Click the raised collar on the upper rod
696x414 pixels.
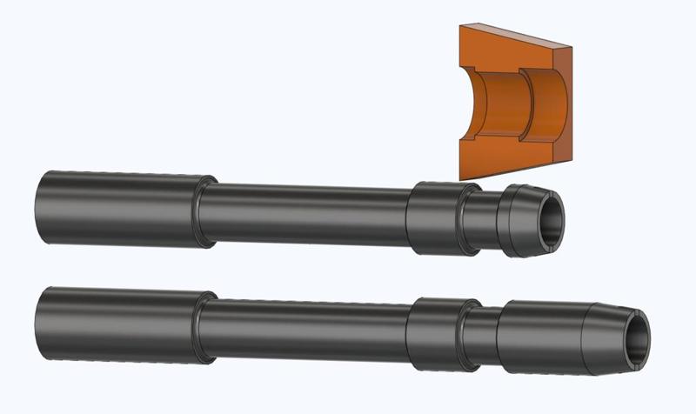coord(432,217)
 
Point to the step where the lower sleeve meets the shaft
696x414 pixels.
coord(205,328)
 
